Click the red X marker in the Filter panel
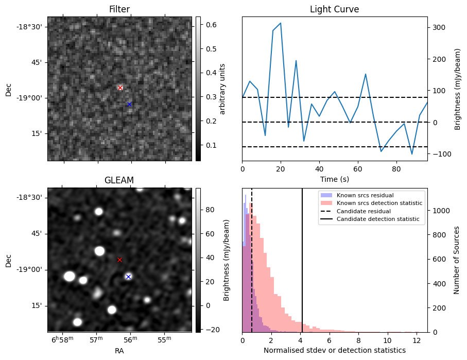click(x=120, y=88)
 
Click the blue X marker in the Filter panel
click(x=129, y=105)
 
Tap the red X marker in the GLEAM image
click(x=120, y=260)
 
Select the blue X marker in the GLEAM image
click(x=128, y=277)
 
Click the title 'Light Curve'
click(x=334, y=10)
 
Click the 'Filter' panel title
click(x=119, y=10)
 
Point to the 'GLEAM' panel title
click(x=119, y=180)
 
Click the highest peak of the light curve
click(x=281, y=23)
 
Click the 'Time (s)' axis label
click(x=335, y=179)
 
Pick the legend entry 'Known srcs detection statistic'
click(x=379, y=203)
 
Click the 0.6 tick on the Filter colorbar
click(x=211, y=25)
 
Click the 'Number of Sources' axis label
click(x=457, y=260)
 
